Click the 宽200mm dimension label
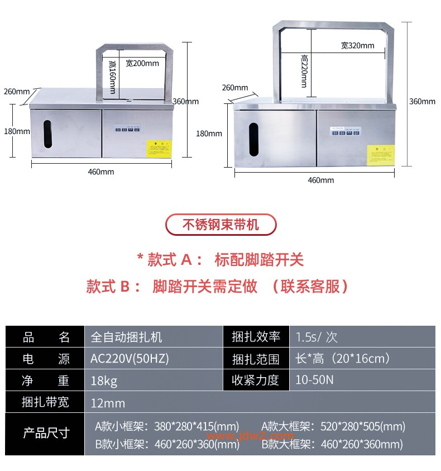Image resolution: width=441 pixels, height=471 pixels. pyautogui.click(x=142, y=63)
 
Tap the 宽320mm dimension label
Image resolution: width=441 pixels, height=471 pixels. pyautogui.click(x=357, y=45)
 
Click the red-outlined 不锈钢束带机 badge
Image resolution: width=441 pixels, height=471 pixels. pyautogui.click(x=221, y=225)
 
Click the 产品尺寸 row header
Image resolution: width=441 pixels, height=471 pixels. pyautogui.click(x=45, y=433)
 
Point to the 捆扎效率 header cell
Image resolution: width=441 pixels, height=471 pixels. pyautogui.click(x=256, y=337)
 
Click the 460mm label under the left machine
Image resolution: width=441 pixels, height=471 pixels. pyautogui.click(x=101, y=172)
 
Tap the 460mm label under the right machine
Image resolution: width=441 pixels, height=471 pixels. pyautogui.click(x=321, y=180)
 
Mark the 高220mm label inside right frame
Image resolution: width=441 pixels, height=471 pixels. pyautogui.click(x=304, y=71)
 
